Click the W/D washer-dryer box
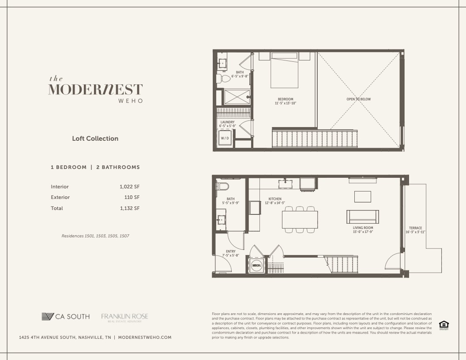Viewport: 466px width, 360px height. pyautogui.click(x=225, y=138)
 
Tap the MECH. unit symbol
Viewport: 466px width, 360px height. pyautogui.click(x=256, y=266)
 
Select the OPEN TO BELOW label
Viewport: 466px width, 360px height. pyautogui.click(x=358, y=99)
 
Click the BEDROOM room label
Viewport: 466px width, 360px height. pyautogui.click(x=286, y=99)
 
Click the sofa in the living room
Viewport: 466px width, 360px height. pyautogui.click(x=363, y=216)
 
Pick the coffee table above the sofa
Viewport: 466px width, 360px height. pyautogui.click(x=363, y=196)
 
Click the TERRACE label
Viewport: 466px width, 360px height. pyautogui.click(x=415, y=228)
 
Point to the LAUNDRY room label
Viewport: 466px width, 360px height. pyautogui.click(x=228, y=122)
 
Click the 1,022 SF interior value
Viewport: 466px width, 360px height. pyautogui.click(x=129, y=187)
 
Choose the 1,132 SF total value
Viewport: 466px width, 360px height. pyautogui.click(x=129, y=208)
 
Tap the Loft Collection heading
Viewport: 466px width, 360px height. pyautogui.click(x=95, y=139)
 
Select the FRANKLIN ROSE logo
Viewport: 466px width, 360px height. pyautogui.click(x=124, y=317)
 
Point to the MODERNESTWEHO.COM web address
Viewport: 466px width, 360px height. pyautogui.click(x=145, y=337)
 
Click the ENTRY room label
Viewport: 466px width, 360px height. pyautogui.click(x=230, y=251)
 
